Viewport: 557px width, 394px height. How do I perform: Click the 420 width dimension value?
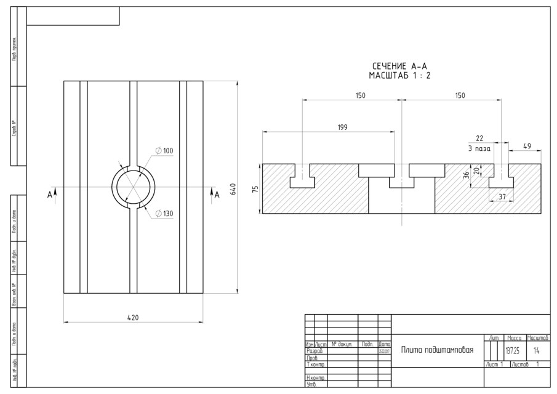pos(133,318)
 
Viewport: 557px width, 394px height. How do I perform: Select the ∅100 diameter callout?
pos(164,151)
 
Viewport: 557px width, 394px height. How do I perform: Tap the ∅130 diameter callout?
pos(164,213)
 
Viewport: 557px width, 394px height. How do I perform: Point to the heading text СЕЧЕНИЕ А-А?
pos(399,66)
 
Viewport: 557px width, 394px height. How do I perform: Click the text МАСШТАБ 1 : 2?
pos(399,75)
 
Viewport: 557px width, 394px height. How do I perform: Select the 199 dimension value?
pos(342,127)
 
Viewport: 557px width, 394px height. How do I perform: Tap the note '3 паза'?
pos(479,148)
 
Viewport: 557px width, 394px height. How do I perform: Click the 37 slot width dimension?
pos(502,196)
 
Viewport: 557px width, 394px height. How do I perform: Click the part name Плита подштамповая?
pos(437,350)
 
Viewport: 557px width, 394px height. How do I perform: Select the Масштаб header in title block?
pos(537,338)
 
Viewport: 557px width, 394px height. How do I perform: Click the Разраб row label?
pos(315,350)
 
